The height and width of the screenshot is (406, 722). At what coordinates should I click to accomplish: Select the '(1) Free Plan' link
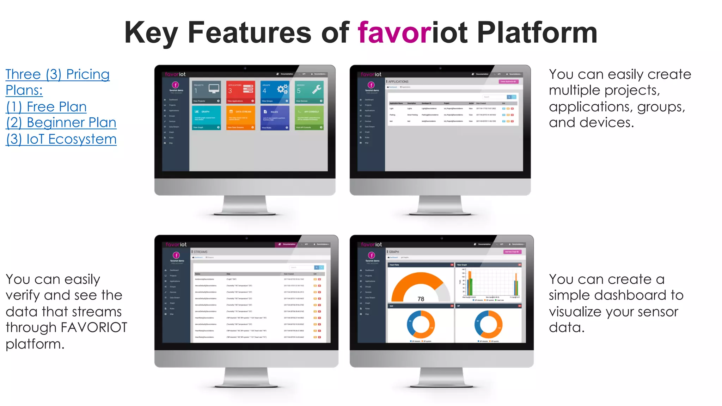46,106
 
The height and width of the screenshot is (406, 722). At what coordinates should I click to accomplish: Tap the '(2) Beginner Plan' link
61,123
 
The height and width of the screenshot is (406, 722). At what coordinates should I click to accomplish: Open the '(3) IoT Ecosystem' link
61,139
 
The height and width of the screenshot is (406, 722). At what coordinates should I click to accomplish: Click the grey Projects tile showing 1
207,92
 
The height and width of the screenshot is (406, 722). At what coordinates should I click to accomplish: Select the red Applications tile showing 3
240,92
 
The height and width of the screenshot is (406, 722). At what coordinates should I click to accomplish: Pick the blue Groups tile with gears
275,92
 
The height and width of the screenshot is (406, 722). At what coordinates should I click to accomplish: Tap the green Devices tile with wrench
310,92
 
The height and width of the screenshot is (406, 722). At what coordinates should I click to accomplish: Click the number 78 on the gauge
421,299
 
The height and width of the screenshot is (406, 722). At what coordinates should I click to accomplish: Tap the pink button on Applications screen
508,81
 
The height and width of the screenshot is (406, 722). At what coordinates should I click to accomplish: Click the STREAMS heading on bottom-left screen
200,252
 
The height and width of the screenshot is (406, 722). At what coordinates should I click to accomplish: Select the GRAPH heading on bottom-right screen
394,252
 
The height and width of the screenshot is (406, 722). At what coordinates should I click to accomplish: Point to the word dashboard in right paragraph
630,295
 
